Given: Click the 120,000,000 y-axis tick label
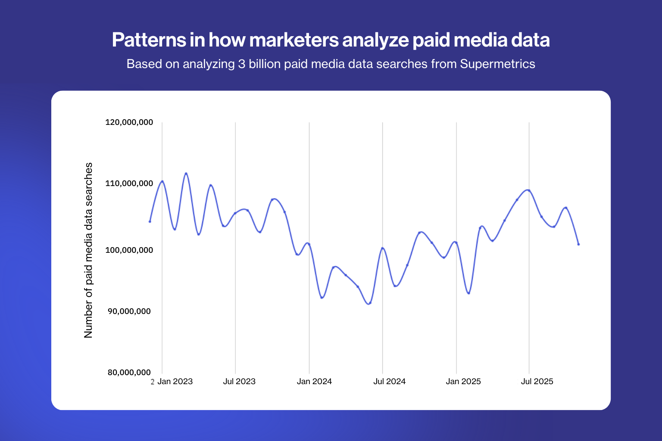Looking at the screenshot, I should point(129,122).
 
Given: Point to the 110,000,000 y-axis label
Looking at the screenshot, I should point(129,183).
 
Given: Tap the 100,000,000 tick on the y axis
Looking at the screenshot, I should point(129,250).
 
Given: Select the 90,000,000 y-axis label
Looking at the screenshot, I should point(129,311).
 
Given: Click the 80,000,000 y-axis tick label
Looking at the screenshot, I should point(129,373).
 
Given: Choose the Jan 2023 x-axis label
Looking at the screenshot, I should point(175,382).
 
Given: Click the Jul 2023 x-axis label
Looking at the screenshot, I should point(239,382).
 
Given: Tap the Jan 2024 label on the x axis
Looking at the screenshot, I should point(314,382).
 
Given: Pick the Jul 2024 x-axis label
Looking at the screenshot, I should point(389,382).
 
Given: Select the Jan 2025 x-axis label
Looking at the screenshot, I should point(463,382).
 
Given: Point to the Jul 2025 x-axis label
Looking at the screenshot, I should point(537,382).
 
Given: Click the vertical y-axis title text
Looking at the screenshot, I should point(88,250).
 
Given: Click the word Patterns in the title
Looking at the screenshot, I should point(149,40).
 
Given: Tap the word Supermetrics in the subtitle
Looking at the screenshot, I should point(497,64).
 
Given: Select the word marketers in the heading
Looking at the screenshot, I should point(294,40).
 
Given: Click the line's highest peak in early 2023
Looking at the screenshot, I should point(186,173).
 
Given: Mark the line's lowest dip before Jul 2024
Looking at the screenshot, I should point(369,304).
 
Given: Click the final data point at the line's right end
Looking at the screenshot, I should point(578,244).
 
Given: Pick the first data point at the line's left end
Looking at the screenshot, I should point(150,221).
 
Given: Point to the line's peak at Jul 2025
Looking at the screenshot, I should point(528,190).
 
